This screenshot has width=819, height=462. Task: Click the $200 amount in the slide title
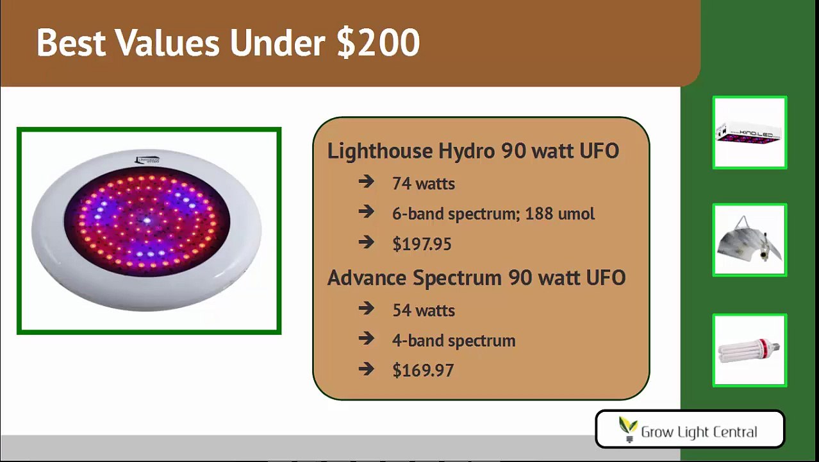click(378, 44)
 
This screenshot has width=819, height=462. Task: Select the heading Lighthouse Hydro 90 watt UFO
click(473, 151)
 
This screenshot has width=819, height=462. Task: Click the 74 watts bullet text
click(424, 184)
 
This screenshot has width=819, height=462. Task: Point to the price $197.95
click(422, 244)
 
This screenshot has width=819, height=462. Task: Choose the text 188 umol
click(559, 214)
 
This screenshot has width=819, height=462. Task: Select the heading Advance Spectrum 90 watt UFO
click(476, 278)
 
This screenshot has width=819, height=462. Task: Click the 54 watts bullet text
click(424, 311)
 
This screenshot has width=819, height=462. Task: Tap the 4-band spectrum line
click(454, 341)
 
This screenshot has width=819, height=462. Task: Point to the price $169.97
click(423, 371)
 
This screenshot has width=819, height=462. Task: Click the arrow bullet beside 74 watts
click(367, 183)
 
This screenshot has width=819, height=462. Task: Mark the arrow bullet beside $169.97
click(367, 370)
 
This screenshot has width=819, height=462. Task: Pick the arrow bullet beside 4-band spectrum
click(367, 339)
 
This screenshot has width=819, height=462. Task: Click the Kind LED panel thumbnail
click(749, 133)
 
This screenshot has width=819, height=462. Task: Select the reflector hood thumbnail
click(749, 241)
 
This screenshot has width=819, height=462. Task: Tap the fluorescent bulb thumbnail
click(749, 350)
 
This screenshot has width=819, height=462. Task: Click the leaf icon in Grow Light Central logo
click(628, 427)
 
